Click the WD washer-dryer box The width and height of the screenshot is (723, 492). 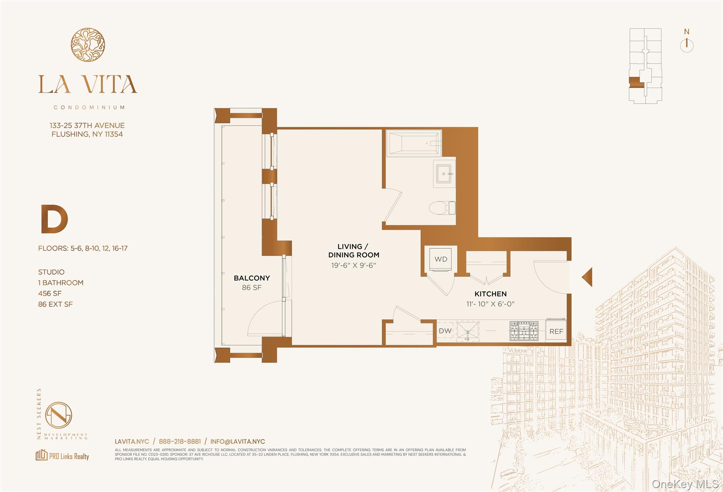441,259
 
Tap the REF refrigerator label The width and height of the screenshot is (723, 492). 556,331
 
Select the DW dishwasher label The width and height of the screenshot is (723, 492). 445,331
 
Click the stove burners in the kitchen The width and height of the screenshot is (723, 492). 524,331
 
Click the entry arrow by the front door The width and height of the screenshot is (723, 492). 587,277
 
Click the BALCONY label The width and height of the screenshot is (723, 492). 252,278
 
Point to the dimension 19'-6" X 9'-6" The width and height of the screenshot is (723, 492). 354,265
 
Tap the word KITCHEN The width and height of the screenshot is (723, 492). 490,294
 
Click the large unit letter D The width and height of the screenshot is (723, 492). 54,219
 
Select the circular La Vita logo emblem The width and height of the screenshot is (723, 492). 88,45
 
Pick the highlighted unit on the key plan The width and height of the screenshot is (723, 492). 636,82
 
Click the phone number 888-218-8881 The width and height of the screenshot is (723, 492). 180,441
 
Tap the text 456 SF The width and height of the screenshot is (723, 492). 50,293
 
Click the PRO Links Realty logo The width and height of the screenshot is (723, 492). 62,456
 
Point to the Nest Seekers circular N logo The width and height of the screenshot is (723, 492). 59,415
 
